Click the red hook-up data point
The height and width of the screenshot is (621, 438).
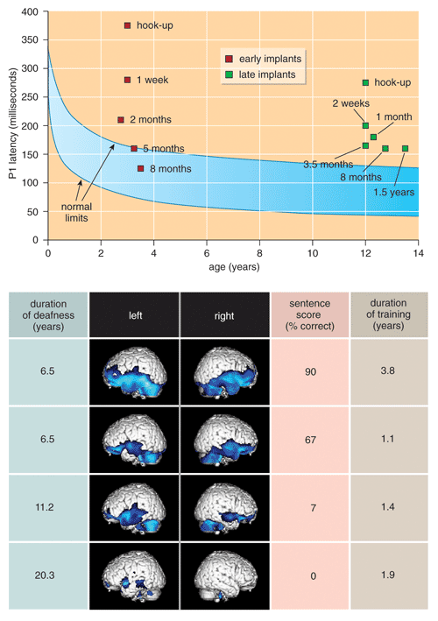pyautogui.click(x=128, y=25)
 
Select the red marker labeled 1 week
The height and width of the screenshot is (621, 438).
pyautogui.click(x=128, y=80)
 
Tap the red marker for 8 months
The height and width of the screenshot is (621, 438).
pyautogui.click(x=140, y=169)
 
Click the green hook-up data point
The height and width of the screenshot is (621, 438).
pyautogui.click(x=365, y=83)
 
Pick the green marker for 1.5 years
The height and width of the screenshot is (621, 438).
pyautogui.click(x=405, y=149)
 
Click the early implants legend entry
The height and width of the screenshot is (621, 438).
pyautogui.click(x=264, y=59)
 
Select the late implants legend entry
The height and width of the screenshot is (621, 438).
pyautogui.click(x=260, y=74)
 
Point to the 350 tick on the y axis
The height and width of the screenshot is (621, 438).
pyautogui.click(x=30, y=40)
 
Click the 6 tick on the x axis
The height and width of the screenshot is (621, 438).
pyautogui.click(x=207, y=253)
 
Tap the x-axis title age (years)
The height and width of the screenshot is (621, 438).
pyautogui.click(x=234, y=267)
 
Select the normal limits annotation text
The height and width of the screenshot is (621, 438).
pyautogui.click(x=76, y=212)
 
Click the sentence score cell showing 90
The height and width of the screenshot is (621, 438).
pyautogui.click(x=310, y=372)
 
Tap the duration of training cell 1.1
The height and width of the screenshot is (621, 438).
pyautogui.click(x=388, y=439)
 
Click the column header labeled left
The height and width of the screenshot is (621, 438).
pyautogui.click(x=135, y=315)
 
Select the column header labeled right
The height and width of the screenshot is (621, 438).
pyautogui.click(x=224, y=315)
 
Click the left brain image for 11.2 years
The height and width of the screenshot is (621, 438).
pyautogui.click(x=134, y=508)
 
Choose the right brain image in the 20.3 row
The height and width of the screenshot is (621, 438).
pyautogui.click(x=225, y=576)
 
